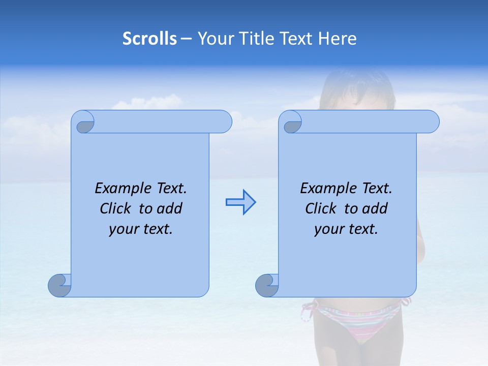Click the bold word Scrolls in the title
[150, 39]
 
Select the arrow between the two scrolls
[240, 202]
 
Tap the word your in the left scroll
[124, 229]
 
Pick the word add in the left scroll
[170, 208]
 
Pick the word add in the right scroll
[375, 208]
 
